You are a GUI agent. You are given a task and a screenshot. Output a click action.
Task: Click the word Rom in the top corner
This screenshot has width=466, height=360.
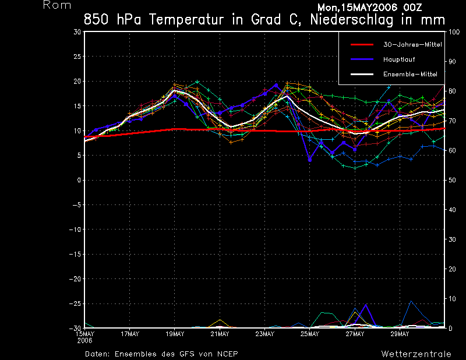tap(57, 5)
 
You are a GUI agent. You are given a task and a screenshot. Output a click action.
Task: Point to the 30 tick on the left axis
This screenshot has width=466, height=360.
tap(77, 32)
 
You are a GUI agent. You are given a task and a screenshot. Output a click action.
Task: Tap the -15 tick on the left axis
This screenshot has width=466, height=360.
tap(75, 254)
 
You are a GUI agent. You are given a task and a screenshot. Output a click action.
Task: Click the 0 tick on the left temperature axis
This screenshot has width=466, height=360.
tap(79, 180)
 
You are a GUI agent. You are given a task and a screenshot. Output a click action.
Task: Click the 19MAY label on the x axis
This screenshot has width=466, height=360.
tap(175, 334)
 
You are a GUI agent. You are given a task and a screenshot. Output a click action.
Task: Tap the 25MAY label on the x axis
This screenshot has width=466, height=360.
tap(310, 334)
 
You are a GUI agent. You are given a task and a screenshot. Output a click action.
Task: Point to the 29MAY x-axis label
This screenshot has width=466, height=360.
tap(400, 334)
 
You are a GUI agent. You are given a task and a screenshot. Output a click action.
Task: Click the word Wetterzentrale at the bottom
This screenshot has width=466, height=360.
tap(416, 354)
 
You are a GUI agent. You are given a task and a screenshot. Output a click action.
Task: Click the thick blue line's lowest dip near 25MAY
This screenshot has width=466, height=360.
tap(310, 159)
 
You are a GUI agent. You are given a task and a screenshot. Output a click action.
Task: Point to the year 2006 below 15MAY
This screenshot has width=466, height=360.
tap(85, 340)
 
